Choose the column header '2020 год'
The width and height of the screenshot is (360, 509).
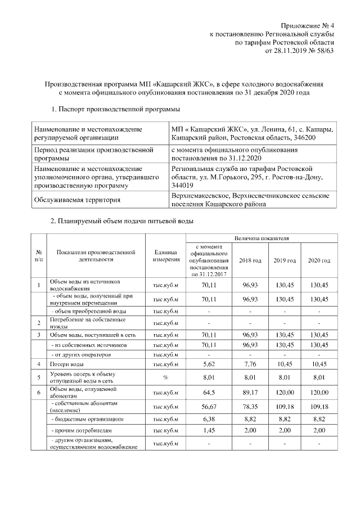pos(319,260)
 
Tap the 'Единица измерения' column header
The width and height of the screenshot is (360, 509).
pos(165,256)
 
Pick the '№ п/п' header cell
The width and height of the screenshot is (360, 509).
pos(38,256)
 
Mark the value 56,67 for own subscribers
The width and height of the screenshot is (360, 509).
pos(209,406)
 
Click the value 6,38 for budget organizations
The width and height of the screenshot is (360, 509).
pos(209,419)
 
